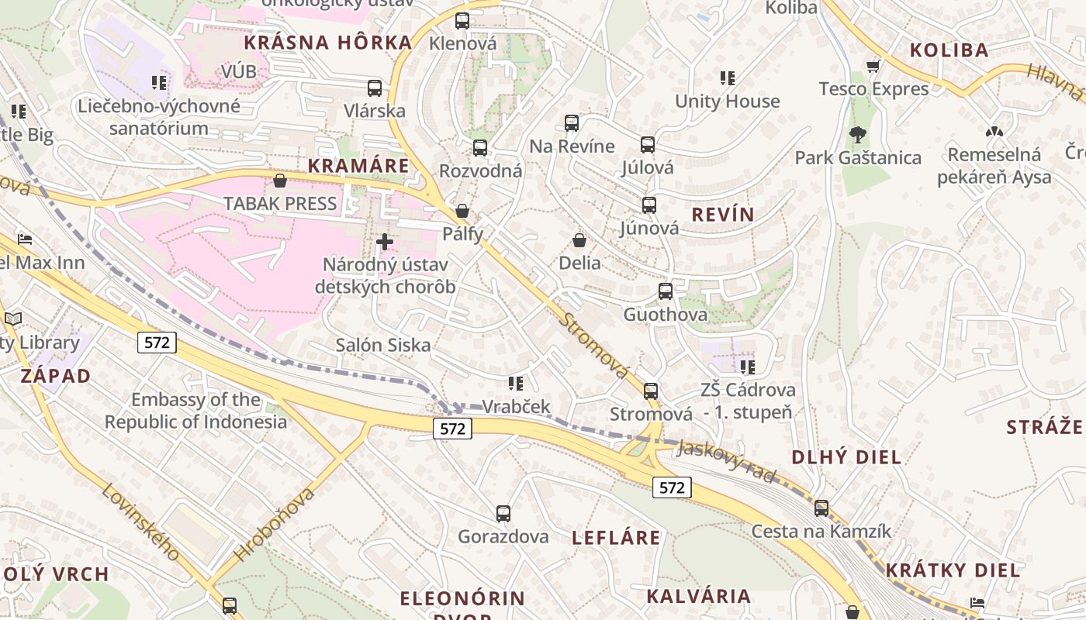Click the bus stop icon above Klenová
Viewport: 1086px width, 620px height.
(x=462, y=21)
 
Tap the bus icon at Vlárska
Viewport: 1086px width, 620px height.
(x=375, y=88)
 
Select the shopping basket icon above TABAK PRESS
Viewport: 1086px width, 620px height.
(x=280, y=181)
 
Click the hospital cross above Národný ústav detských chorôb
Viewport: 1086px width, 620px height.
(x=384, y=242)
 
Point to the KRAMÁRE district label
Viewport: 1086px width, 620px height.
(x=358, y=166)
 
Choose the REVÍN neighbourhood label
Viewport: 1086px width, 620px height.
(x=723, y=215)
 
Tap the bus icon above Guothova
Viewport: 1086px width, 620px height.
(x=666, y=291)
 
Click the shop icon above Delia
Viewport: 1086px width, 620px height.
(x=579, y=240)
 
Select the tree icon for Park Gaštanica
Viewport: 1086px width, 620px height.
(x=857, y=135)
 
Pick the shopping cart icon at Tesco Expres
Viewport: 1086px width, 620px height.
(x=873, y=66)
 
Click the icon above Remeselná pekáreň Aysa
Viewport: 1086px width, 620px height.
(x=994, y=132)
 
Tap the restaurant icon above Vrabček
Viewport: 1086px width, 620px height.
(x=516, y=383)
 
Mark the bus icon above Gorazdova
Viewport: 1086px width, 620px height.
(x=503, y=513)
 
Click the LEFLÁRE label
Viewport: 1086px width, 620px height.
(x=616, y=537)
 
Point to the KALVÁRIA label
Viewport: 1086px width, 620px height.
(x=698, y=596)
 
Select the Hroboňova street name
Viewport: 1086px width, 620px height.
(x=275, y=525)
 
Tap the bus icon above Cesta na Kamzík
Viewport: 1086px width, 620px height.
(x=821, y=508)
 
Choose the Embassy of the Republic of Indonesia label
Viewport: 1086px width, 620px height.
(x=195, y=411)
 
